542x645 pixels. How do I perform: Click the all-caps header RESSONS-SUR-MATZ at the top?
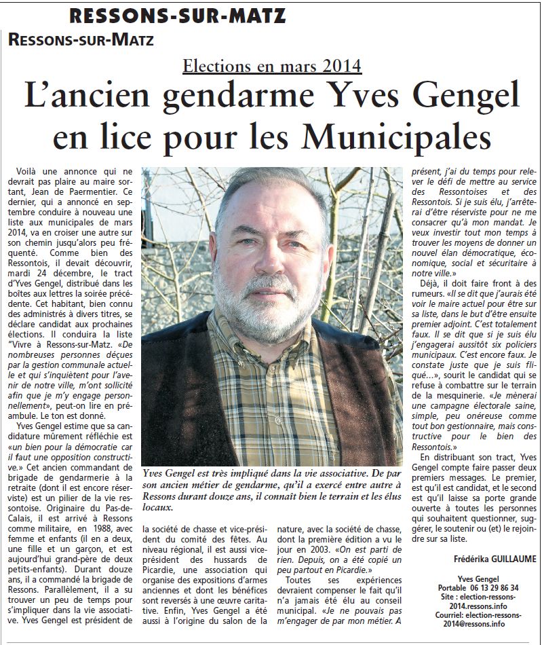(177, 15)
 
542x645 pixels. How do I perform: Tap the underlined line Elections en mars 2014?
(272, 66)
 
